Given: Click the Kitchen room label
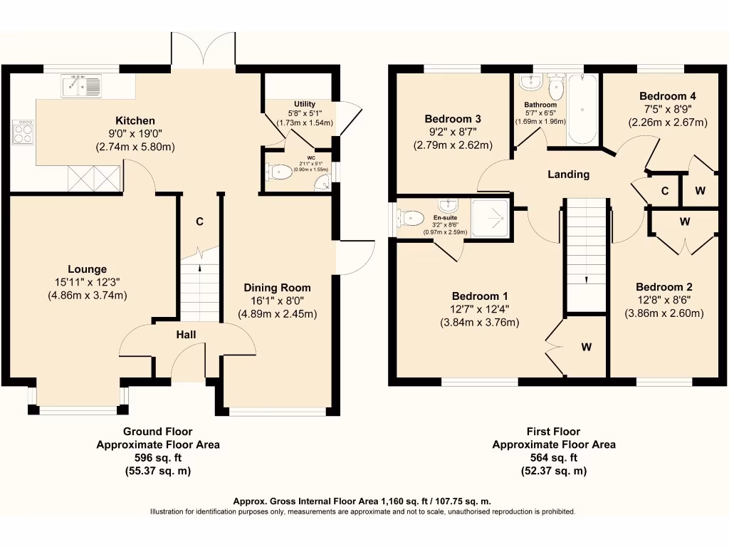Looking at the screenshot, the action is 135,120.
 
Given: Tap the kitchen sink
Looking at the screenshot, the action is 81,86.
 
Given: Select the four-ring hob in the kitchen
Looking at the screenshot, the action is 23,132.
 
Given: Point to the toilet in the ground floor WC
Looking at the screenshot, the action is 278,172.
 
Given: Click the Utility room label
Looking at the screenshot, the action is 305,104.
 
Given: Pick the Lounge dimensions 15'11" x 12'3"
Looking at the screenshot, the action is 88,282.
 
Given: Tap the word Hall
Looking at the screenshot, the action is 186,335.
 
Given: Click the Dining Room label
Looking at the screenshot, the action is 277,288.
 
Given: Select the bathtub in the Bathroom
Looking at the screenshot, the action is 582,109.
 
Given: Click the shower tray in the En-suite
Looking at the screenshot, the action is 490,218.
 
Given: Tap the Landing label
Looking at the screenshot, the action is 568,174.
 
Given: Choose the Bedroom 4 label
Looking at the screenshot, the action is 668,96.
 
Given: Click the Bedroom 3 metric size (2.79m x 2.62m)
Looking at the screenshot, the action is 453,145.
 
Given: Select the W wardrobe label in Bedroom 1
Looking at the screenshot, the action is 587,347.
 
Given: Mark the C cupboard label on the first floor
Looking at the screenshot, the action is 665,191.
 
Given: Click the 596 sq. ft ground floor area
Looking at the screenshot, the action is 158,458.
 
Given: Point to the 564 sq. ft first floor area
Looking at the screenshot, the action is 554,458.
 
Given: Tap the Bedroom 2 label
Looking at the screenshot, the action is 664,287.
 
